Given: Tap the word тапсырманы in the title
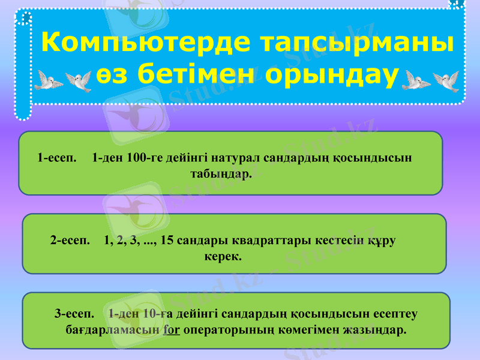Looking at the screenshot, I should (x=358, y=43).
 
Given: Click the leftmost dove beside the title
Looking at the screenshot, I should (x=47, y=80).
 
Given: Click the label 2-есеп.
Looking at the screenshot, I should (x=70, y=241).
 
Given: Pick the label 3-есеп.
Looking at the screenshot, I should (x=74, y=313).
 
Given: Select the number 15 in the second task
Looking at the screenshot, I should (x=168, y=241).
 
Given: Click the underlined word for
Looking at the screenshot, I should (x=172, y=330).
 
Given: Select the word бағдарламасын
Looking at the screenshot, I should (x=112, y=330).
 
